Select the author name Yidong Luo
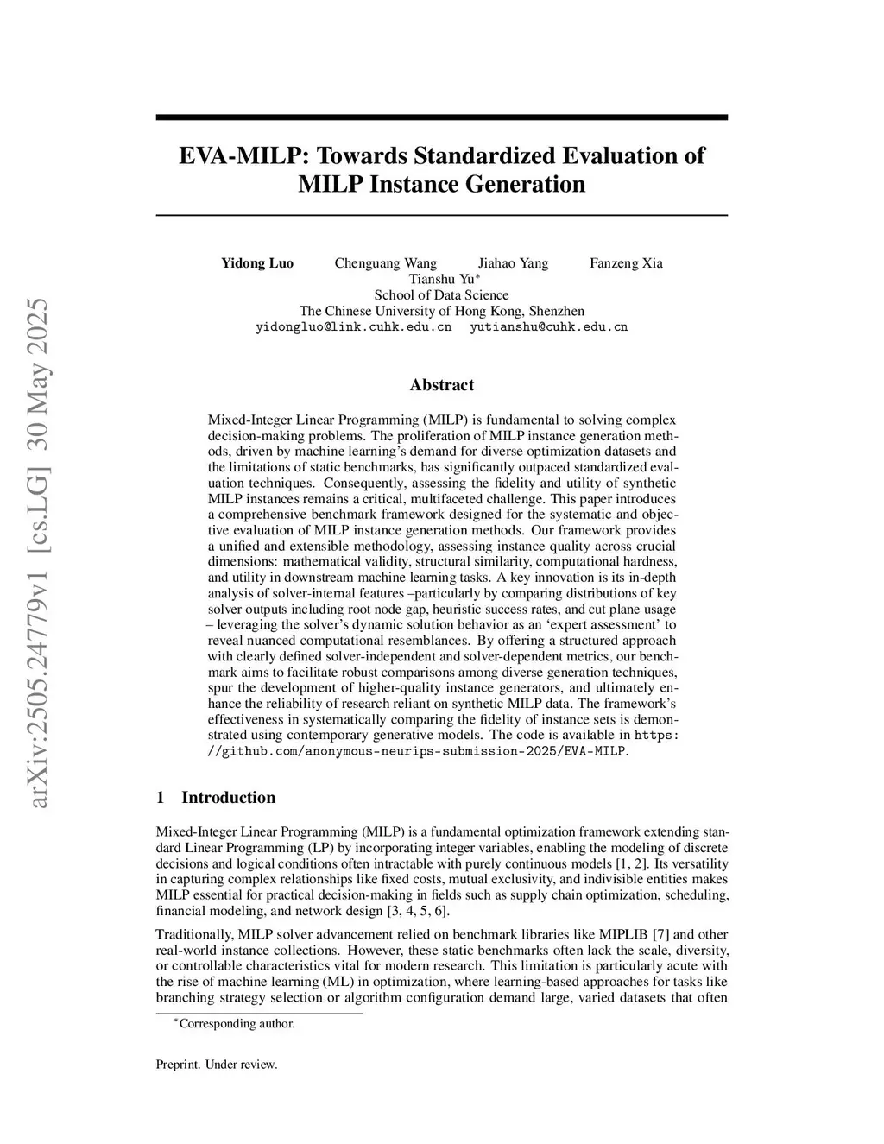257,263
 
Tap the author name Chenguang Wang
385,263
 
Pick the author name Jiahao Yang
513,263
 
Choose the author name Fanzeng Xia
626,263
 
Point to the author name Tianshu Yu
442,279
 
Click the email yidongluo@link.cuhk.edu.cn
354,327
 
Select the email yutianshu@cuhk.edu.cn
548,327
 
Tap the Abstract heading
441,385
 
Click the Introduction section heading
228,797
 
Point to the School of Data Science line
441,294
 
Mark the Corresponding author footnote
236,1024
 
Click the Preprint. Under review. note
216,1065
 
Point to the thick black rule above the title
441,117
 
